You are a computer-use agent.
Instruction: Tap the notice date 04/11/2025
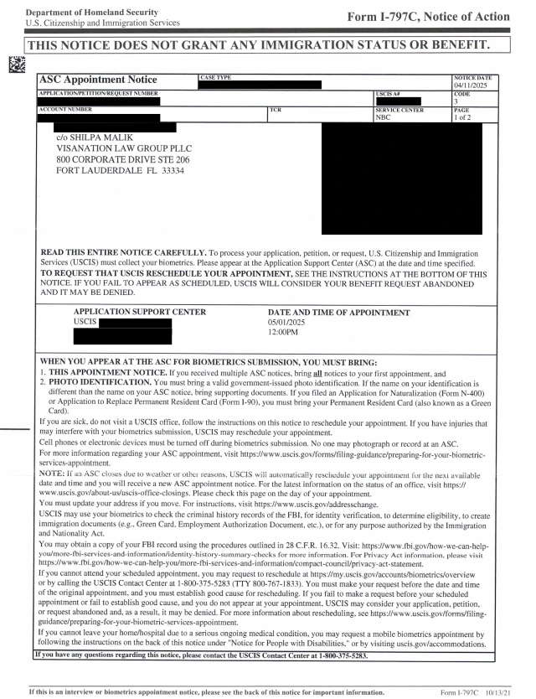coord(472,85)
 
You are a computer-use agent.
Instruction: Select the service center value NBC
coord(384,118)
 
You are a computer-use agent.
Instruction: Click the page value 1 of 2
coord(463,118)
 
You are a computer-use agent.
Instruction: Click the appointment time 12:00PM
coord(283,333)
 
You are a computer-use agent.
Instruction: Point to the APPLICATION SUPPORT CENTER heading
coord(139,312)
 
